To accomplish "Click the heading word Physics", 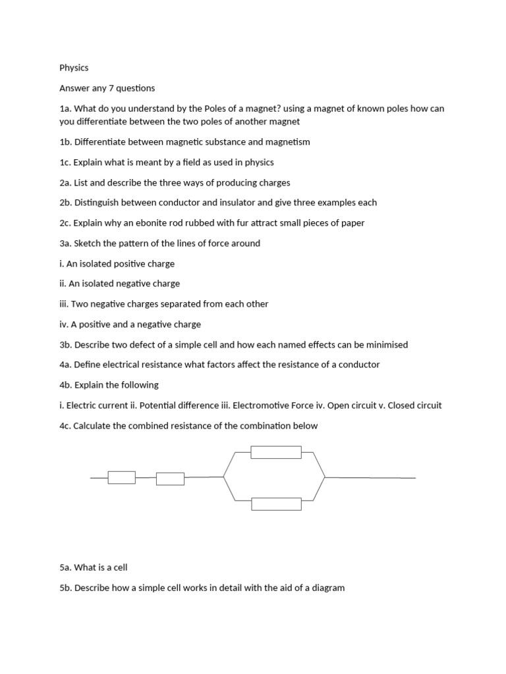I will click(74, 67).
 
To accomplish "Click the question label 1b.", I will click(65, 142).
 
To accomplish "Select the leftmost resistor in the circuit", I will click(122, 477).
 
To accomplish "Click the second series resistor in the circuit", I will click(170, 479).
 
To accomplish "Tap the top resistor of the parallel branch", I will click(276, 452).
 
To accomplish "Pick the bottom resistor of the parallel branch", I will click(276, 504).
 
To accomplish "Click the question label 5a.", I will click(65, 567).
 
